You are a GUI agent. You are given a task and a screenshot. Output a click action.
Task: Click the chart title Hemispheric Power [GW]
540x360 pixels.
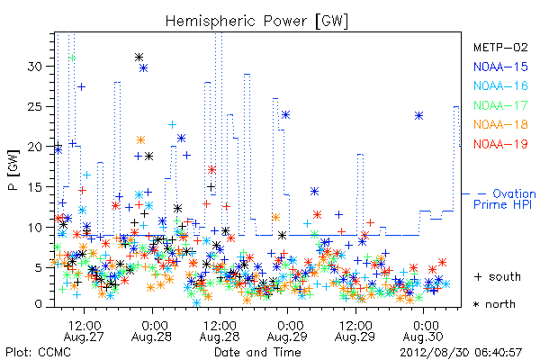coord(256,21)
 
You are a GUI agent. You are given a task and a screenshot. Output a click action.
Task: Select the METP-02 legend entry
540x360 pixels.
coord(500,47)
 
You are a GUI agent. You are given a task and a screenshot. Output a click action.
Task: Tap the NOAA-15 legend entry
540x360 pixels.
coord(500,67)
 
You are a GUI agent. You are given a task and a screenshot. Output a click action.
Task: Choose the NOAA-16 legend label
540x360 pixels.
coord(500,85)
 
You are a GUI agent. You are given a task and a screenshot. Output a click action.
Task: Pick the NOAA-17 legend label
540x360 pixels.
coord(500,105)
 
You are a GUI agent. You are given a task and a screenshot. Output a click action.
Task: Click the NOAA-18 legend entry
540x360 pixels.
coord(500,124)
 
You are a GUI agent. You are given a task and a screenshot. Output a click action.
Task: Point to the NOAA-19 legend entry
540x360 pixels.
coord(500,144)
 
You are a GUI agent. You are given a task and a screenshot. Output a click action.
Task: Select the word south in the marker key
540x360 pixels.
coord(505,276)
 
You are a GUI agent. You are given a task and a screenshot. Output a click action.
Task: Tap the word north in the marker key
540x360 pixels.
coord(500,304)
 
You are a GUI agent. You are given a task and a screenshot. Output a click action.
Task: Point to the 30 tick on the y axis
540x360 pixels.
coord(34,66)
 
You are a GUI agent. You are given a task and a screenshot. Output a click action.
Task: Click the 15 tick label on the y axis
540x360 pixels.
coord(34,187)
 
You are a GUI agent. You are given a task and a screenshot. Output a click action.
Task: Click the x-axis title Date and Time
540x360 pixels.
coord(257,352)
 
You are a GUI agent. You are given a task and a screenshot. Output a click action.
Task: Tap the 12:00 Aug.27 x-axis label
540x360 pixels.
coord(84,330)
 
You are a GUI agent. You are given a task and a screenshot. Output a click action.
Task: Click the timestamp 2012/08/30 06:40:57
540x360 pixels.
coord(461,353)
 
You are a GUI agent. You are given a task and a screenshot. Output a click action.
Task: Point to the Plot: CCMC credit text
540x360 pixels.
coord(38,353)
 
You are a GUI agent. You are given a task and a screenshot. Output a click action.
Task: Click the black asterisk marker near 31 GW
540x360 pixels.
coord(139,58)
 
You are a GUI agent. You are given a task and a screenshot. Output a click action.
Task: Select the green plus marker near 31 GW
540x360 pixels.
coord(72,58)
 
